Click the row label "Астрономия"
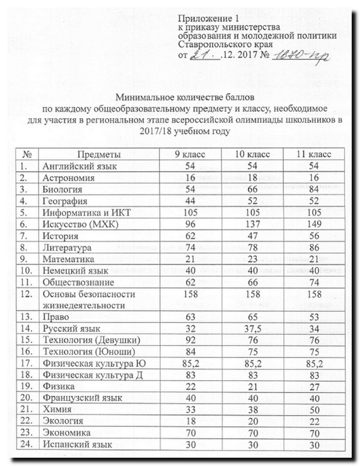coord(68,178)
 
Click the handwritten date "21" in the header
coord(202,55)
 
